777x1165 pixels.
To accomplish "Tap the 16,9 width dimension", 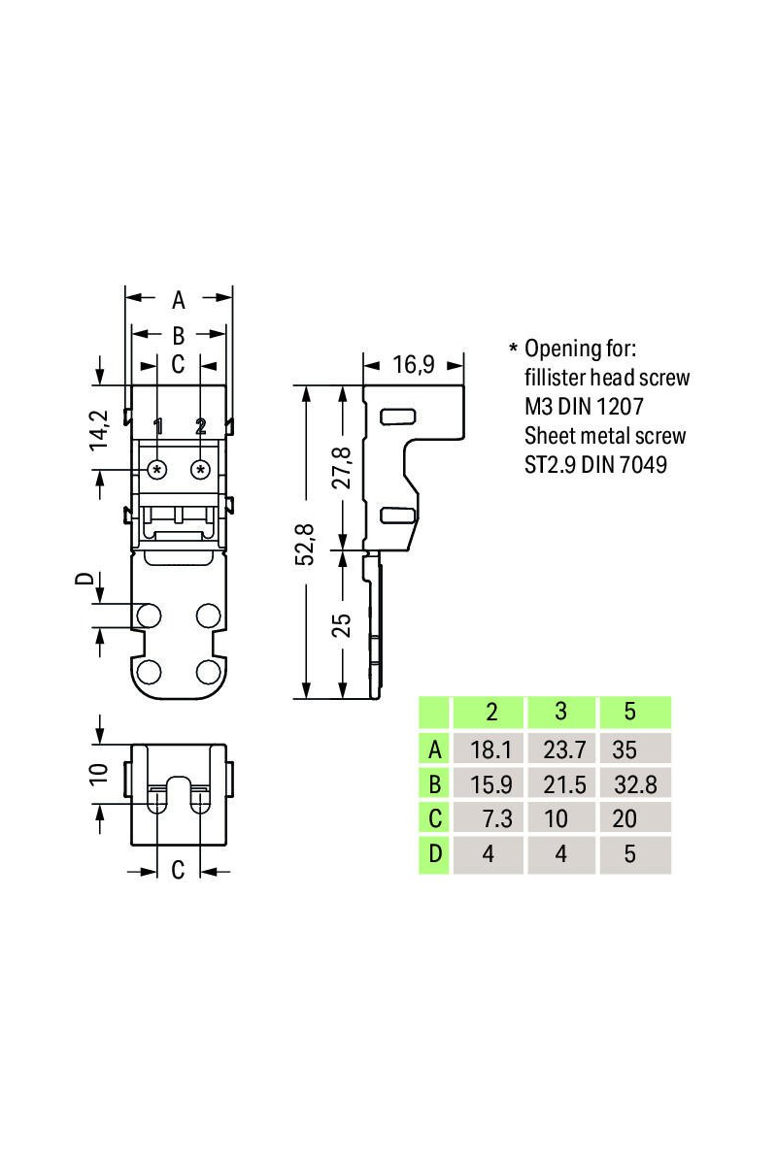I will tap(413, 365).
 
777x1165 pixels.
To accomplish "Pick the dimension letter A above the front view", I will tap(179, 300).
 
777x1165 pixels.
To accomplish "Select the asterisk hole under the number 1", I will tap(156, 470).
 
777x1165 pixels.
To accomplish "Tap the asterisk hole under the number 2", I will tap(201, 470).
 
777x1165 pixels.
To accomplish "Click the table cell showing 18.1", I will tap(491, 749).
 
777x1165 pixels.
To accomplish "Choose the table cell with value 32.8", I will tap(635, 784).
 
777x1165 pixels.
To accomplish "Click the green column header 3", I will tap(560, 712).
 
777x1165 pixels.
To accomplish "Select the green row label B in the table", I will tap(434, 784).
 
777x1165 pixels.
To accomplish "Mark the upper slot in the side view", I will tap(394, 416).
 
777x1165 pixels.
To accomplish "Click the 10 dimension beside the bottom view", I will tap(97, 775).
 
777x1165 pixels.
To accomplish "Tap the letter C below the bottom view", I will tap(178, 871).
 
